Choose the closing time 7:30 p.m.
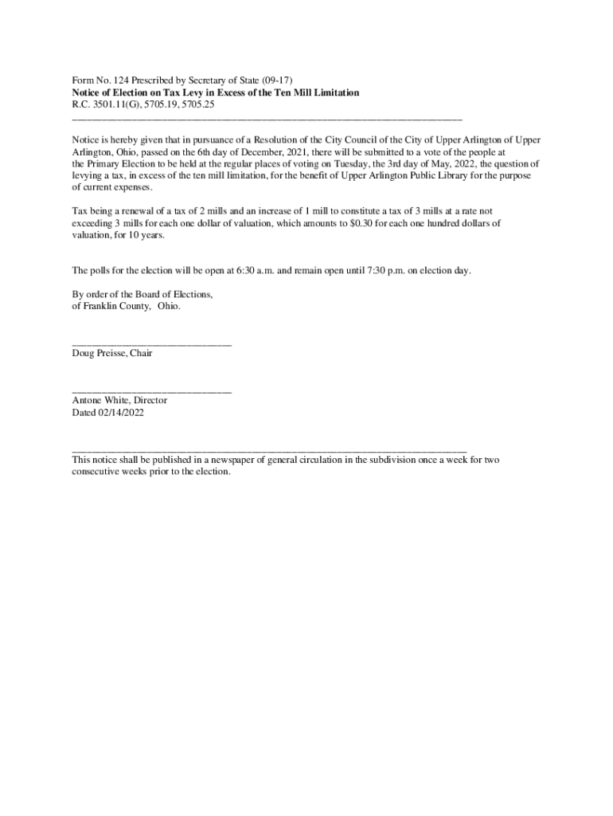click(x=388, y=270)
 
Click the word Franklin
click(x=100, y=306)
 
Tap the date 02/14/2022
click(x=121, y=413)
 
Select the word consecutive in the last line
click(x=99, y=472)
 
